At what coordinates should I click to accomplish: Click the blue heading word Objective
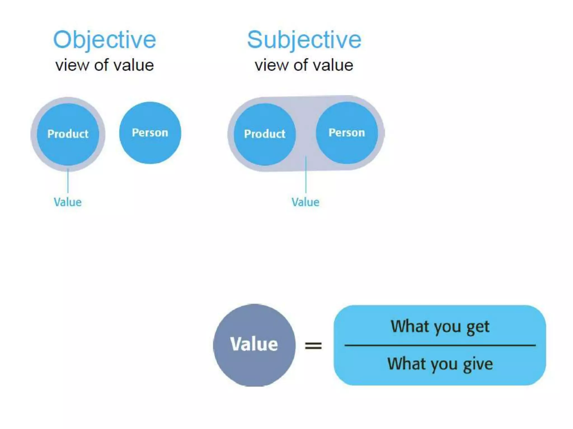(105, 40)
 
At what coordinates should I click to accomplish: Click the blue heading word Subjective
(304, 40)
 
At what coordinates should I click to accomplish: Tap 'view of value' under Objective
(105, 65)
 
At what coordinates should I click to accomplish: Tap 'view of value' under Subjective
(304, 65)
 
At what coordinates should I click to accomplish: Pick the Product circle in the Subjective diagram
(265, 148)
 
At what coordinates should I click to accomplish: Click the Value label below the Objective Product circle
(68, 202)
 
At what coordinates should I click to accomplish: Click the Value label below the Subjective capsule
(305, 202)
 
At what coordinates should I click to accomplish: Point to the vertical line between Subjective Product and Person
(306, 175)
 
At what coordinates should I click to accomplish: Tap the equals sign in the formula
(313, 345)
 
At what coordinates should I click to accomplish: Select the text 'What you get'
(440, 326)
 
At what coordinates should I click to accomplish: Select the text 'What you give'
(440, 364)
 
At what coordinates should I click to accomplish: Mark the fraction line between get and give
(440, 345)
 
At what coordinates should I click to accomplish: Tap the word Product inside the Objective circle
(68, 134)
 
